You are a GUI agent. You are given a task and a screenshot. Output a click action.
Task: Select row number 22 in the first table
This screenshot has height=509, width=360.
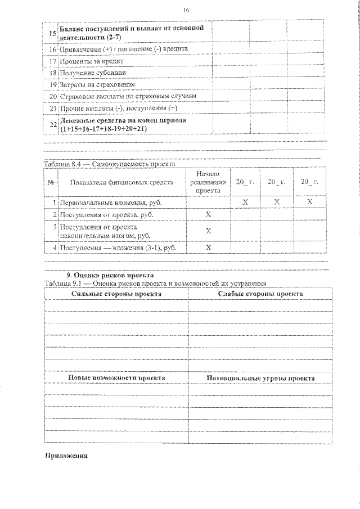[52, 125]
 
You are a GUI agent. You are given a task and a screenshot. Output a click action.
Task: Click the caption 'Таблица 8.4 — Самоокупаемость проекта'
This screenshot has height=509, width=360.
[110, 164]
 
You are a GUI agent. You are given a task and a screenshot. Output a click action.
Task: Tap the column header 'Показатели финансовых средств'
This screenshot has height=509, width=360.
[122, 182]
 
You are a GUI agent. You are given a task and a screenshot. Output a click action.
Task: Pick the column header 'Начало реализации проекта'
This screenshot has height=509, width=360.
[208, 182]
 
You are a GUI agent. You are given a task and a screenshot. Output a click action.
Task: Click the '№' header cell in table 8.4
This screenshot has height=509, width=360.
[51, 182]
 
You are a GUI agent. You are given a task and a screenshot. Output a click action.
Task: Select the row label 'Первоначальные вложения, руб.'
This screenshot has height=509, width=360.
[109, 201]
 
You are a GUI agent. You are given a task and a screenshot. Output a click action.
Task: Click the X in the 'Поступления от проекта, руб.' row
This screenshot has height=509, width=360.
[208, 215]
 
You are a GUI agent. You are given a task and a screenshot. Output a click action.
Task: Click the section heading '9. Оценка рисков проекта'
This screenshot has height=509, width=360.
[110, 276]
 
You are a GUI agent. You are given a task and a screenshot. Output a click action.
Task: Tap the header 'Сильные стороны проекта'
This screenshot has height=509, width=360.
[116, 294]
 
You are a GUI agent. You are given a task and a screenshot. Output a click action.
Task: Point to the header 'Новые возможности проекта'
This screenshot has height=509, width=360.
[116, 379]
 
